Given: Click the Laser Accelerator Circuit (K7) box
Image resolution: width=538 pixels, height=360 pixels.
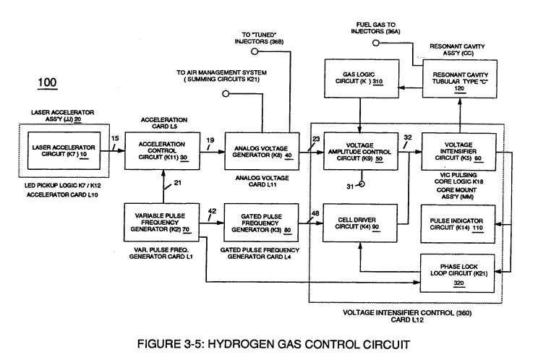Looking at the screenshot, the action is pos(64,150).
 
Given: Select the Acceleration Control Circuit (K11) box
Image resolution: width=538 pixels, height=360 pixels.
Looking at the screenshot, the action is pos(162,151).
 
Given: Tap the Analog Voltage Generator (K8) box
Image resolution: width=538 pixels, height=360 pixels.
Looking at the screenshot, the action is pos(262,151).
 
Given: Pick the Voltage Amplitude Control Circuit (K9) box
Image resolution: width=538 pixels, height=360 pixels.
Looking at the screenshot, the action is pos(361,151).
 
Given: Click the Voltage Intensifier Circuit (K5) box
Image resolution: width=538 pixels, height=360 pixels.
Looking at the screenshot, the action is pos(458,152).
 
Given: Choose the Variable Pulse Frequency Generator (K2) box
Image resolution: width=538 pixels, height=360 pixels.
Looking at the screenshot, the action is pos(161,222).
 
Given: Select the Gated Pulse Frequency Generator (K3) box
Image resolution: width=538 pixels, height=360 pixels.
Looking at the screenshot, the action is pos(261,223).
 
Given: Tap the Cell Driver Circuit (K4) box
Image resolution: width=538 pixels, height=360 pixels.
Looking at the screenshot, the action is pos(360,223).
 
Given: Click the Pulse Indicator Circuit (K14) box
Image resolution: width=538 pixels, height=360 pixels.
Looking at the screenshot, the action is pos(458,224).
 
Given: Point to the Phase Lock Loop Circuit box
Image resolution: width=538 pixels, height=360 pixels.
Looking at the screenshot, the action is pos(457,273).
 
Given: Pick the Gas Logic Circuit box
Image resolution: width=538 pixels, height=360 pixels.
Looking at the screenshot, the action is pos(362,79).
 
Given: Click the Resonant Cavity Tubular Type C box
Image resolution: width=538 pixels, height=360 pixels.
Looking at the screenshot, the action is pos(460,79).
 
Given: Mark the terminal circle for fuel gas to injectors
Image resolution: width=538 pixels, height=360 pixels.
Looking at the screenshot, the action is pos(376,43).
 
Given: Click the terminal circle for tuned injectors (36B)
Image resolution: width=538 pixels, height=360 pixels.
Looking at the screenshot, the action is pos(255,51).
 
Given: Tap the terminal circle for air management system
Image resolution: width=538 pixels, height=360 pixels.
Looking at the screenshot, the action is pos(226,93).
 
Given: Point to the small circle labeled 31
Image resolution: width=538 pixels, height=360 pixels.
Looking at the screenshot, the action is pos(362,184).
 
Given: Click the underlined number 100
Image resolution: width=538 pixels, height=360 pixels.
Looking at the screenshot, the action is pos(47,83).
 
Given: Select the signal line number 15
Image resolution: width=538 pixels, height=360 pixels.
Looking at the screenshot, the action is pos(115,138).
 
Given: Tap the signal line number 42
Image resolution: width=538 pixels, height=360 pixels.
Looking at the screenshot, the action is pos(212,211).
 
